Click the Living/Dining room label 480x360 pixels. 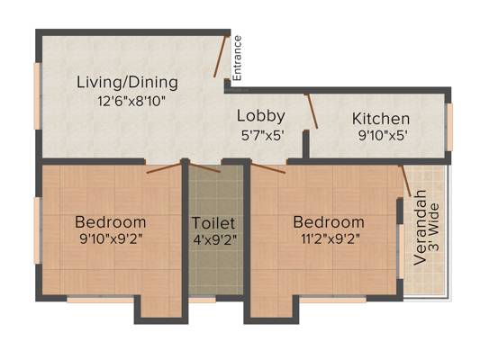point(127,83)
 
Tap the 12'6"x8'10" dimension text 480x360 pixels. point(131,101)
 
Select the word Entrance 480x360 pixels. point(237,58)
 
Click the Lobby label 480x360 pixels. point(261,116)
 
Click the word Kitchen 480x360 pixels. point(381,119)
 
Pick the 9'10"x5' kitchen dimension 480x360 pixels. point(383,136)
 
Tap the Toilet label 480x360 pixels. point(213,223)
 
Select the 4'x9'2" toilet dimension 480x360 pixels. point(215,239)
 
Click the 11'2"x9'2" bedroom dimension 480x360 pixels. point(329,239)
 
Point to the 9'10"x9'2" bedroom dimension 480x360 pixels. point(111,239)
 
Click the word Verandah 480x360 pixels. point(420,228)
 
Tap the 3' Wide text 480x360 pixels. point(434,228)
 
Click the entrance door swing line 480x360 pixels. point(221,56)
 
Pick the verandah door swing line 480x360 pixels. point(405,180)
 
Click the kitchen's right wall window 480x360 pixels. point(449,127)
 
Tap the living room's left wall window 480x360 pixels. point(37,96)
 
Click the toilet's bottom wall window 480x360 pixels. point(202,300)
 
